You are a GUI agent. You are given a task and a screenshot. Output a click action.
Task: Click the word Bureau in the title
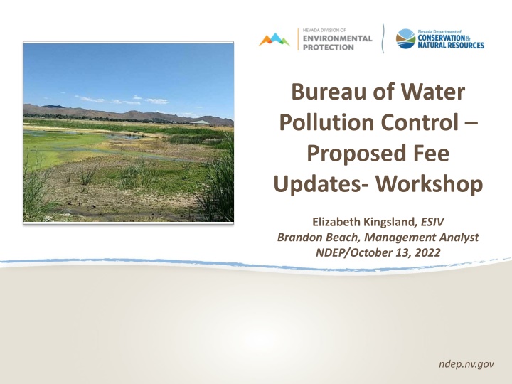click(328, 92)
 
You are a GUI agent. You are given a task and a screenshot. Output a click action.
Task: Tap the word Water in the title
click(432, 92)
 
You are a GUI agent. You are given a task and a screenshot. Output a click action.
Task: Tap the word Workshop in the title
click(429, 184)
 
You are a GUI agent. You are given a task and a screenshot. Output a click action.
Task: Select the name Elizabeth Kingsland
click(363, 222)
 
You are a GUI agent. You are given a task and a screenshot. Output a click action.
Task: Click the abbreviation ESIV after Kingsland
click(432, 222)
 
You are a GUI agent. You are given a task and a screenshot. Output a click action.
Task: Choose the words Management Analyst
click(421, 238)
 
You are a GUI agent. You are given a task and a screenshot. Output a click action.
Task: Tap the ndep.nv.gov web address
click(466, 364)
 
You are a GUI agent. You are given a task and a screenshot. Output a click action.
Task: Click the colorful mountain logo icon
click(274, 39)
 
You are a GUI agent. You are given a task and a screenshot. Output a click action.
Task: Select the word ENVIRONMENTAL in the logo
click(337, 38)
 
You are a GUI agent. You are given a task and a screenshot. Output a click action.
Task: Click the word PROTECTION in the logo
click(328, 48)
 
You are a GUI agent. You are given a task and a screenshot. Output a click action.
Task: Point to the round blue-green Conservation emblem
click(405, 38)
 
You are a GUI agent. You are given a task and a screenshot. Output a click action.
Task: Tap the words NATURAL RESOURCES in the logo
click(451, 45)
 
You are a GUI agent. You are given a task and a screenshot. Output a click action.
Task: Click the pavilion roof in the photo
click(201, 122)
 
